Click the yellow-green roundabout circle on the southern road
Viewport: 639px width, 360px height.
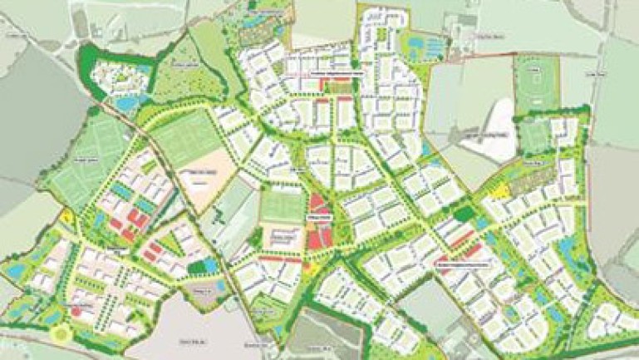60,334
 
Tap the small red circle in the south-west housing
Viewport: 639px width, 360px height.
77,311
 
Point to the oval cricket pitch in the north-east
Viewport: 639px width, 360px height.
536,83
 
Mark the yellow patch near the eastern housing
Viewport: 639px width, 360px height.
502,191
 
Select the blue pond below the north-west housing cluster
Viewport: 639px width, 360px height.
127,104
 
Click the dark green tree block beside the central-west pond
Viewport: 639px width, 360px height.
197,266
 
